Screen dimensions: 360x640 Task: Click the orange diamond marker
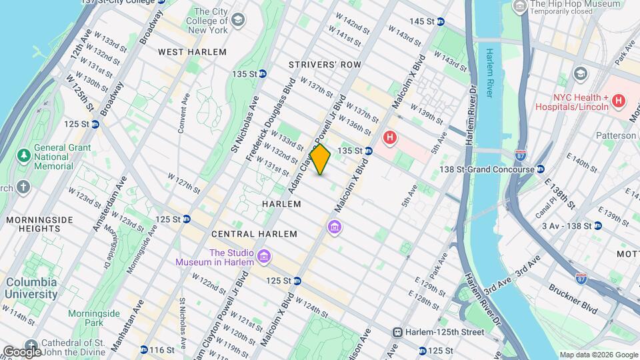pos(320,160)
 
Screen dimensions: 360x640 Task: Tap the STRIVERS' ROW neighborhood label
pos(325,65)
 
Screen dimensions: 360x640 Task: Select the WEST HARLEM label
pos(192,52)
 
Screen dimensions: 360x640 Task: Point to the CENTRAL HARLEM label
pos(243,235)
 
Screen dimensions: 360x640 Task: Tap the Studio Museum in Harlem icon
pos(264,257)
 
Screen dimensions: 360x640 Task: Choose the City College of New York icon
pos(237,21)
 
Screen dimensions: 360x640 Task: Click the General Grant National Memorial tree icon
pos(24,155)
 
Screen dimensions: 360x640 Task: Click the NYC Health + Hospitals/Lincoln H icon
pos(619,101)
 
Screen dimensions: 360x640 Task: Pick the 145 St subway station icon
pos(440,21)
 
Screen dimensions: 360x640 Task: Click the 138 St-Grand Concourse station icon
pos(541,169)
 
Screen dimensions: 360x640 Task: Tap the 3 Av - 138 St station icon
pos(597,226)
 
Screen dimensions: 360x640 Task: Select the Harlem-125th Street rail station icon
pos(397,332)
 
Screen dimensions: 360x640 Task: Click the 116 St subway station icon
pos(144,349)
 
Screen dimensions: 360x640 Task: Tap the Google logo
pos(22,351)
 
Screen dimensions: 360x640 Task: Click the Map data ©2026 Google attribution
pos(598,355)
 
